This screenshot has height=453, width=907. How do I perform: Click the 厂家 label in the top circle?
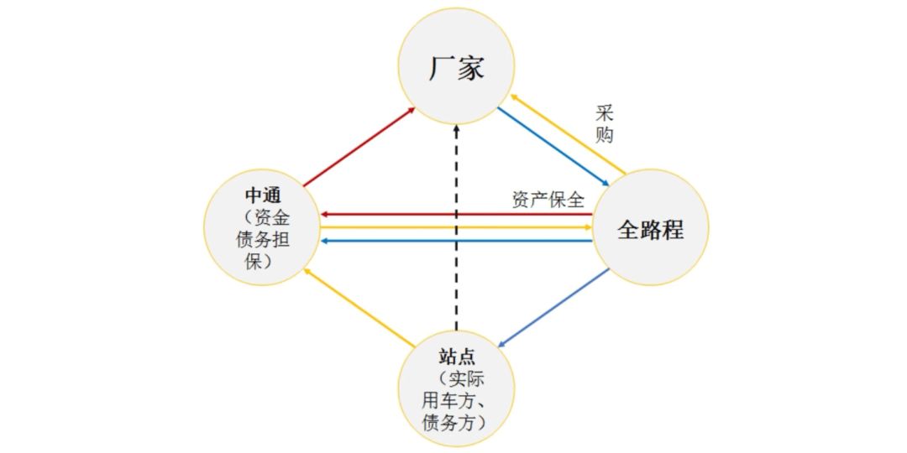tap(456, 69)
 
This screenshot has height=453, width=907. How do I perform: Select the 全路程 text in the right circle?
tap(651, 229)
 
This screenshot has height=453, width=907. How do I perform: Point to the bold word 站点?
tap(456, 356)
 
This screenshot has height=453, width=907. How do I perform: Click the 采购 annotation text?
tap(604, 124)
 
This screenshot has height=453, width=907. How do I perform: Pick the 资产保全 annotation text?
tap(548, 200)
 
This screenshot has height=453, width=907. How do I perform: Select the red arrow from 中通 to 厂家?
tap(359, 147)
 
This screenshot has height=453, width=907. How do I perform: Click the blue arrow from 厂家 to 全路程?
tap(553, 147)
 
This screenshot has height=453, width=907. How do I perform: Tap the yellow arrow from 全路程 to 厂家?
tap(568, 134)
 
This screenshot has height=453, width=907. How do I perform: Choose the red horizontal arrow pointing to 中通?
tap(456, 215)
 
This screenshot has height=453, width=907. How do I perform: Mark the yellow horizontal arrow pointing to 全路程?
tap(456, 227)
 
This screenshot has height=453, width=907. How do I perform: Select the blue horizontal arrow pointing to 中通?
tap(456, 241)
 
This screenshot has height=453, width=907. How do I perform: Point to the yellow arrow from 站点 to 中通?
tap(359, 308)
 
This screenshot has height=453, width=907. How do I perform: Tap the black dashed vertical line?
tap(456, 227)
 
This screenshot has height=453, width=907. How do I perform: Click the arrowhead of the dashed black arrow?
tap(456, 128)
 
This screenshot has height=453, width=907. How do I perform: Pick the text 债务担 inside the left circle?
tap(263, 239)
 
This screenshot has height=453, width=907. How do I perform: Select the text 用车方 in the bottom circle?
tap(448, 400)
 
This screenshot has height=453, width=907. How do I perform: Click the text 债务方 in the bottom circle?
tap(448, 422)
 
